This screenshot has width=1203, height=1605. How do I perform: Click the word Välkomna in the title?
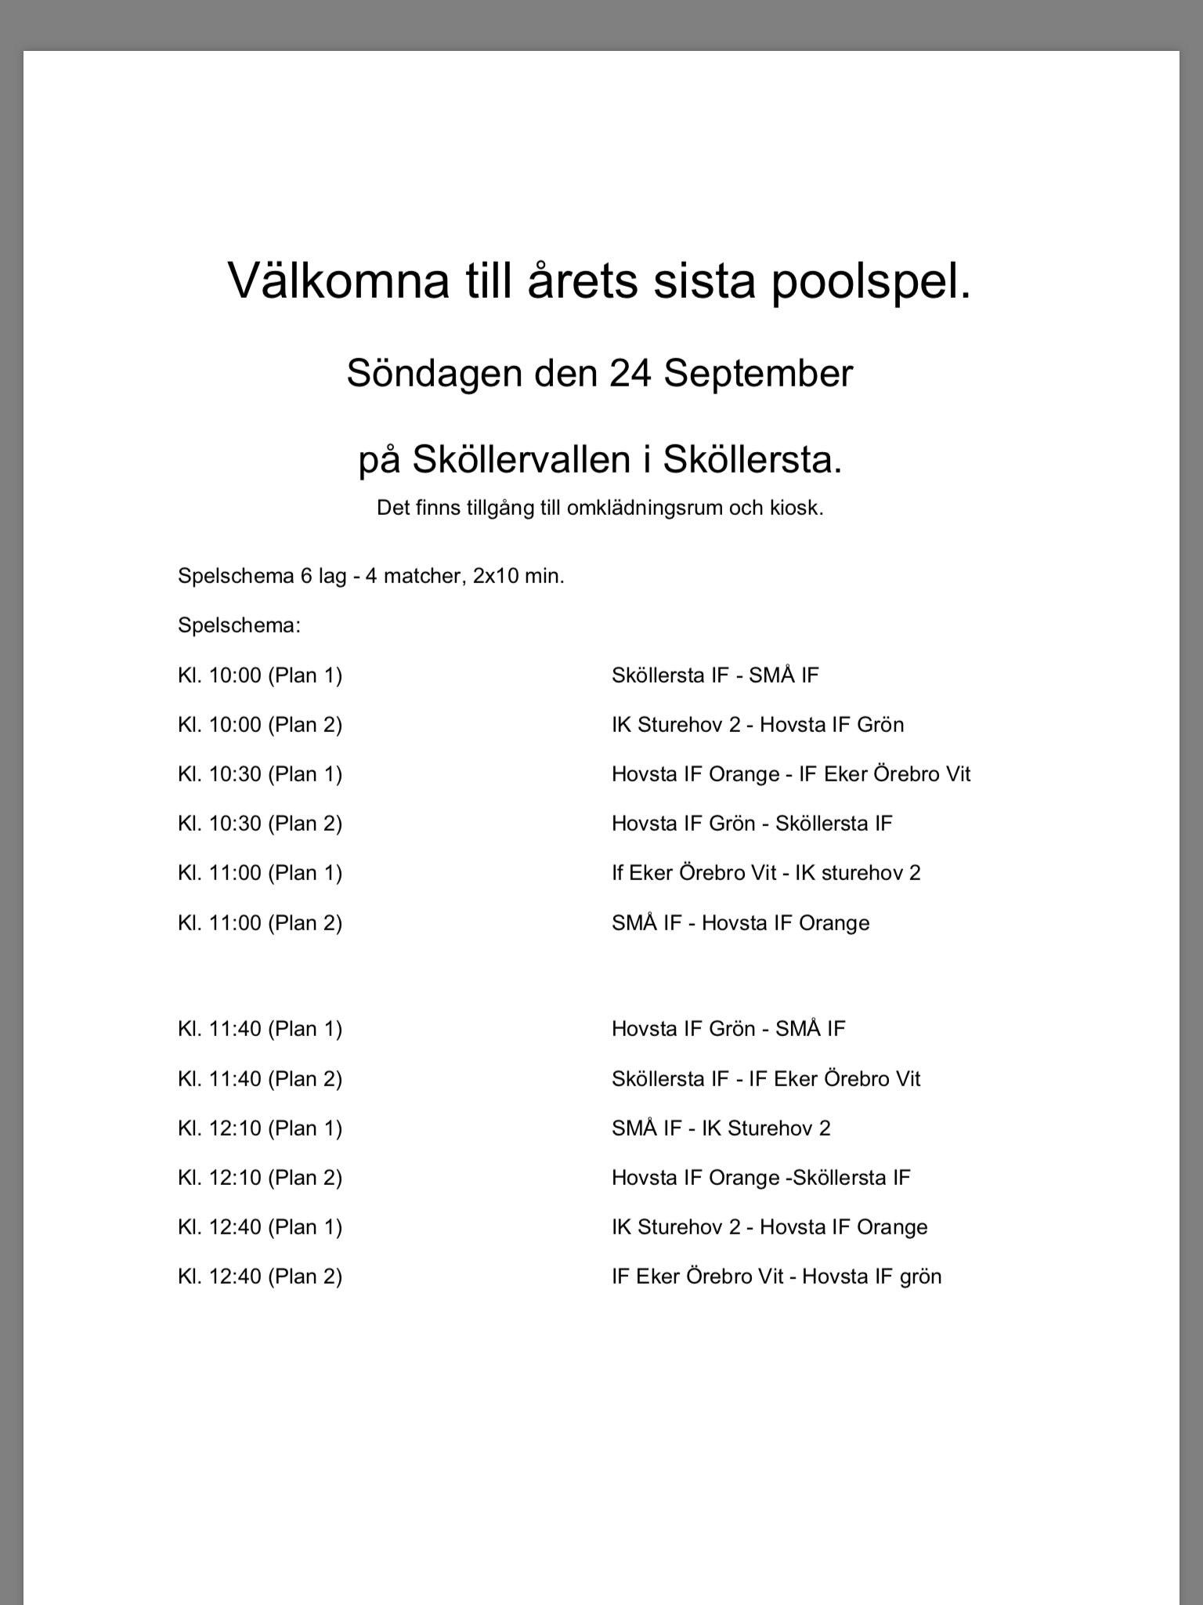(x=338, y=281)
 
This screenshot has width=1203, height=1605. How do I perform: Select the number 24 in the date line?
(x=631, y=374)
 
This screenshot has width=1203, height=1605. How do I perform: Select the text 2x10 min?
(x=518, y=576)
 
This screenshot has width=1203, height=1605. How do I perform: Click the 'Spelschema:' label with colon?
(x=239, y=625)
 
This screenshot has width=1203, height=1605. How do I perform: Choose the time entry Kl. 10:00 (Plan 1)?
(x=260, y=675)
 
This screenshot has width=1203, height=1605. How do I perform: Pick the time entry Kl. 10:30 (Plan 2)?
(x=260, y=824)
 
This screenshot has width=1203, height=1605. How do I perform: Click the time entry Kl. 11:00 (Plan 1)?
(x=260, y=873)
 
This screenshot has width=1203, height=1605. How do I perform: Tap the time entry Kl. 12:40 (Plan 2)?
(x=260, y=1277)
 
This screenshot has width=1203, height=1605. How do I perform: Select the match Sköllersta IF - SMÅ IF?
(x=714, y=675)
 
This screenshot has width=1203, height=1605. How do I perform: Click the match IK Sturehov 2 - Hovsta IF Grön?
(x=757, y=724)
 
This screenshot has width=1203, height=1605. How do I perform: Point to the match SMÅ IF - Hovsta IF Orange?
(x=740, y=923)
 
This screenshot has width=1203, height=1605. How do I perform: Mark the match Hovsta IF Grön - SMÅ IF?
(x=728, y=1028)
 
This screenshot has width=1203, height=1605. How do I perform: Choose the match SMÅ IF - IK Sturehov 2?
(x=721, y=1129)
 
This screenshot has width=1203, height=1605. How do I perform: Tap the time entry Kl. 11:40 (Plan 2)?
(x=260, y=1079)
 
